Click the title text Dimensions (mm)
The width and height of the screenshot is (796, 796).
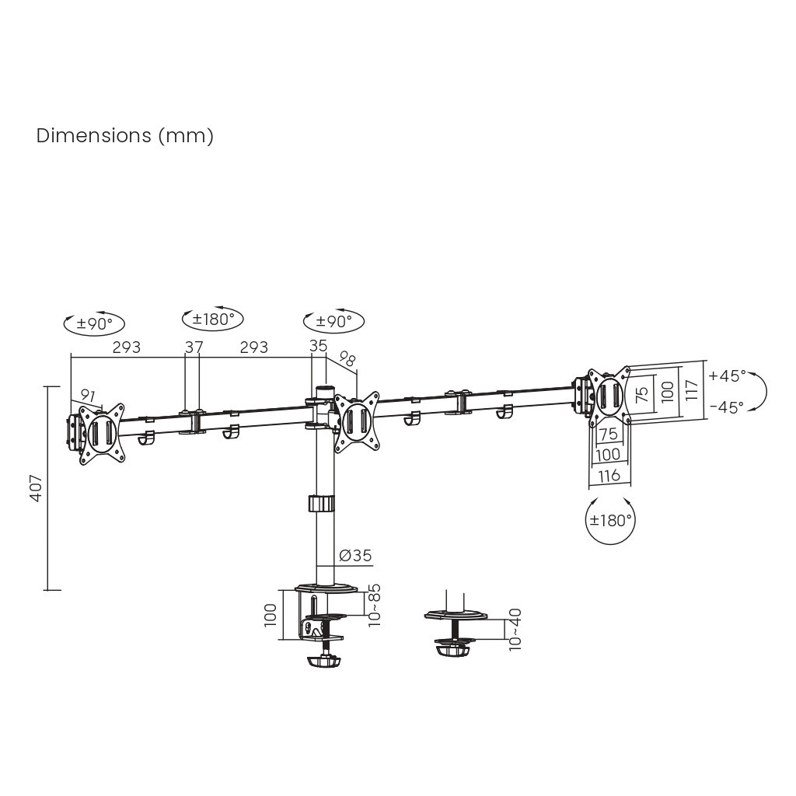click(x=124, y=136)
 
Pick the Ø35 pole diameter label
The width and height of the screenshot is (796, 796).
click(x=355, y=555)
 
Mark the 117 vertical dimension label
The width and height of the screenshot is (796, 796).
click(x=691, y=389)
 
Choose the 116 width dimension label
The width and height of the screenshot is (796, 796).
click(x=609, y=474)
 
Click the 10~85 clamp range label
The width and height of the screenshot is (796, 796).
click(x=375, y=604)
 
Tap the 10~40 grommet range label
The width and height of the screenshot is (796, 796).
click(x=515, y=629)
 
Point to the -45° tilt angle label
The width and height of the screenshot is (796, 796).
click(x=727, y=406)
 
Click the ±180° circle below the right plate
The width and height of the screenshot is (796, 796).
click(x=609, y=520)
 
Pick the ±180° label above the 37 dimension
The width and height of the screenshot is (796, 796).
click(x=212, y=318)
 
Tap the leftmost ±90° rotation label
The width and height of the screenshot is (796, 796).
click(x=93, y=324)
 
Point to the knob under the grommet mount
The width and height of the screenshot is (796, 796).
click(x=453, y=648)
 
